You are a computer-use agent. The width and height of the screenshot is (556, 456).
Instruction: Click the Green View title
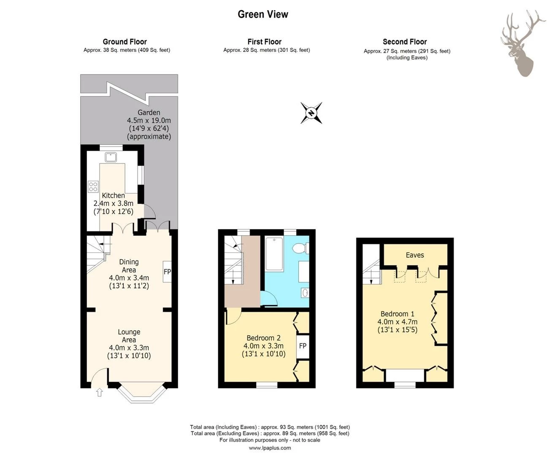pos(263,14)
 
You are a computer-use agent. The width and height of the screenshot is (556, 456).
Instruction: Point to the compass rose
pos(311,113)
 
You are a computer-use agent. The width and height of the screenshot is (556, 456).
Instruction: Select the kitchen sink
pos(111,157)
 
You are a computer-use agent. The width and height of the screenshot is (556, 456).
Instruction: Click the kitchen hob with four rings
pos(93,187)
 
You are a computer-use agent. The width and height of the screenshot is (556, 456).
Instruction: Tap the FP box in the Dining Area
pos(167,271)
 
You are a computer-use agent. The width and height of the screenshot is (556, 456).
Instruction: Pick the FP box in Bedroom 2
pos(303,347)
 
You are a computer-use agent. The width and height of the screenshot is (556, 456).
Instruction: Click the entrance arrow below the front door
pos(99,392)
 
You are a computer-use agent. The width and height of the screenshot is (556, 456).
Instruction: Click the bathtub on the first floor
pos(274,254)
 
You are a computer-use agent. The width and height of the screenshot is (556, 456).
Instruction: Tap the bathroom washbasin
pos(305,293)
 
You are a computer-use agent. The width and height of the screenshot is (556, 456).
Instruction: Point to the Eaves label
pos(415,255)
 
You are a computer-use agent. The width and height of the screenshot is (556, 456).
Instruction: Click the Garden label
pos(149,113)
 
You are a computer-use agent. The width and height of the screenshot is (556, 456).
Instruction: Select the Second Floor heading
pos(405,42)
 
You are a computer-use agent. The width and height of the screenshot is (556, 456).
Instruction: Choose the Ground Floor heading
pos(125,42)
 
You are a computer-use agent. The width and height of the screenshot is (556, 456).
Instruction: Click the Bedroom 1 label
pos(397,314)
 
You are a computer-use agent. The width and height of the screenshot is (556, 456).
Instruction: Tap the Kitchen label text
pos(114,195)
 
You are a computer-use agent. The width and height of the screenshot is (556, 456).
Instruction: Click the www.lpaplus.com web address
pos(270,448)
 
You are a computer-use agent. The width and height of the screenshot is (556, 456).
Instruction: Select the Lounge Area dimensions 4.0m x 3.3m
pos(129,347)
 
